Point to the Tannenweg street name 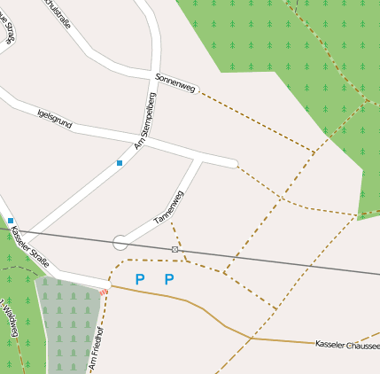coord(168,206)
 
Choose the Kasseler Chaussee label coord(346,343)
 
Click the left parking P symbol coord(139,280)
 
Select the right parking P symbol coord(169,280)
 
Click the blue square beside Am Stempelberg coord(120,163)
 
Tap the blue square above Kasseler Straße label coord(11,220)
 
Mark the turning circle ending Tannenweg coord(120,242)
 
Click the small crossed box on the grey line coord(175,249)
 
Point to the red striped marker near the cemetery coord(105,292)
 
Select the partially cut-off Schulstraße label coord(58,12)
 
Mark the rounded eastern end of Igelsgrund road coord(233,164)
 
